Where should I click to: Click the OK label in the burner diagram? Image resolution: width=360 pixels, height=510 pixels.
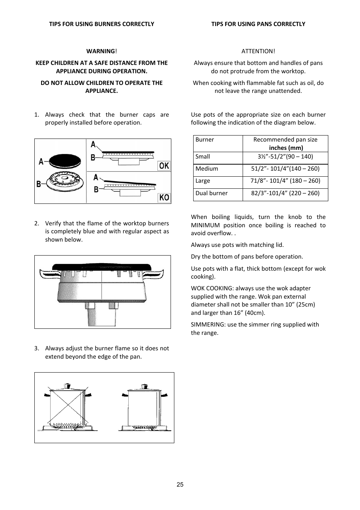164,166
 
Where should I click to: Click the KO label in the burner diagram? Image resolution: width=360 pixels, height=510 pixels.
164,197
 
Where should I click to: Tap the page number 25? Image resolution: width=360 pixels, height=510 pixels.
180,485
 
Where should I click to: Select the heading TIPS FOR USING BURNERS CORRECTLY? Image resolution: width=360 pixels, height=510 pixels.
102,24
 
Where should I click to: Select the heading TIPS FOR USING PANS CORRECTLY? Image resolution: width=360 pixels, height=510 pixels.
258,24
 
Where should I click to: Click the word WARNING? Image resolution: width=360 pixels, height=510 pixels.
100,51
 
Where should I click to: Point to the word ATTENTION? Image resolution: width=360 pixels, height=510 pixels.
258,51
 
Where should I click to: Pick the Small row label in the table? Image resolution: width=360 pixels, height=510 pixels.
203,157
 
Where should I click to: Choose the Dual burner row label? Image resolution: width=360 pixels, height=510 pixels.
211,193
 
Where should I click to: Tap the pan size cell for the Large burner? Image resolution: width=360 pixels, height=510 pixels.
285,181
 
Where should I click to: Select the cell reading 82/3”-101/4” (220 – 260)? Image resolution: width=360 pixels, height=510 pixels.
285,193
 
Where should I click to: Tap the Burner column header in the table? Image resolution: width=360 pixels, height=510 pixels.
205,140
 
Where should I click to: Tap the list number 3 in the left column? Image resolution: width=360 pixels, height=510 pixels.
36,348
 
